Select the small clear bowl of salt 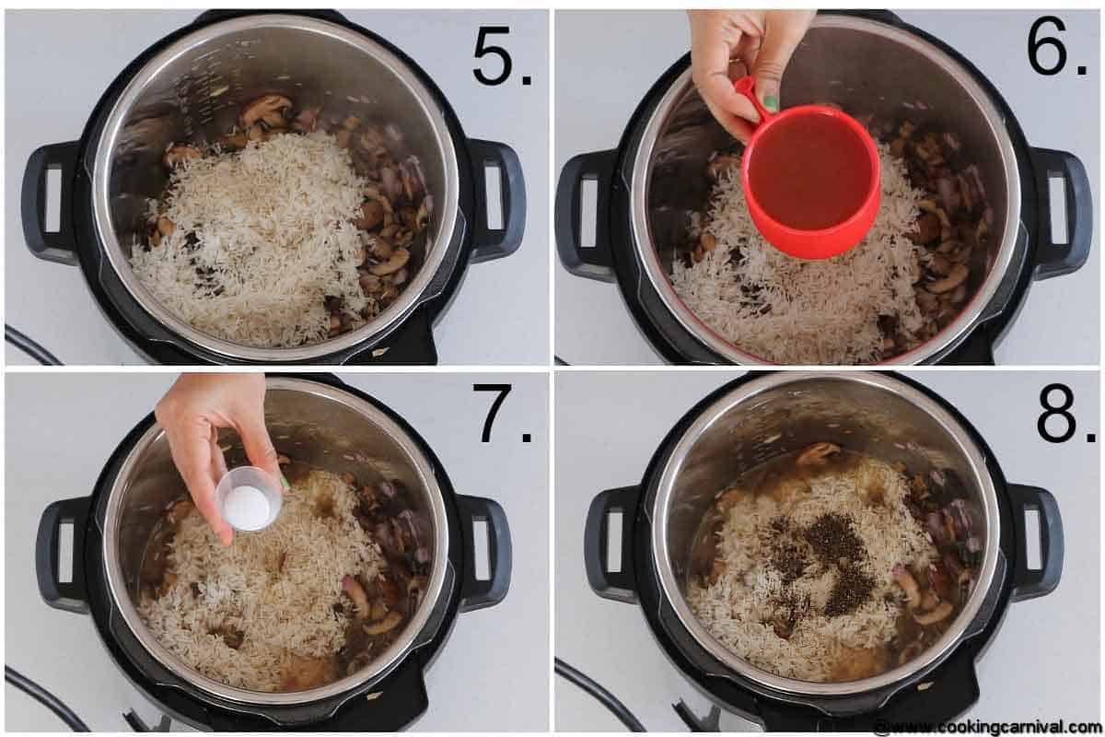tap(249, 498)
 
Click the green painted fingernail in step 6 tap(770, 103)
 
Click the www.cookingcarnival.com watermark tap(990, 727)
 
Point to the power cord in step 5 tap(28, 345)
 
